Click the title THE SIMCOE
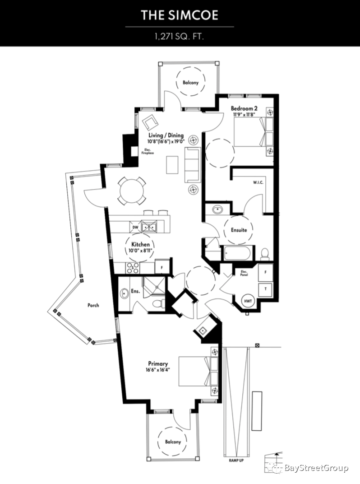pos(180,15)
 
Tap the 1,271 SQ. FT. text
pos(180,37)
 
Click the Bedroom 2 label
pos(244,108)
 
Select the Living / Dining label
pos(166,135)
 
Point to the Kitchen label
pos(140,244)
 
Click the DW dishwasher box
pos(135,227)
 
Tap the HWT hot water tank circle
pos(248,300)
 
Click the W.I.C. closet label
pos(258,182)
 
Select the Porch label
pos(93,305)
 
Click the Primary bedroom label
pos(158,363)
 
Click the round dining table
pos(132,191)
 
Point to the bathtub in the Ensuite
pos(238,253)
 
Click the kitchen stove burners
pos(133,268)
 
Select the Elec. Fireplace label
pos(148,151)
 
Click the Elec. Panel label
pos(244,273)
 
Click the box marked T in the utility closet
pos(265,289)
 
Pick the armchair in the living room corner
pos(150,122)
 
